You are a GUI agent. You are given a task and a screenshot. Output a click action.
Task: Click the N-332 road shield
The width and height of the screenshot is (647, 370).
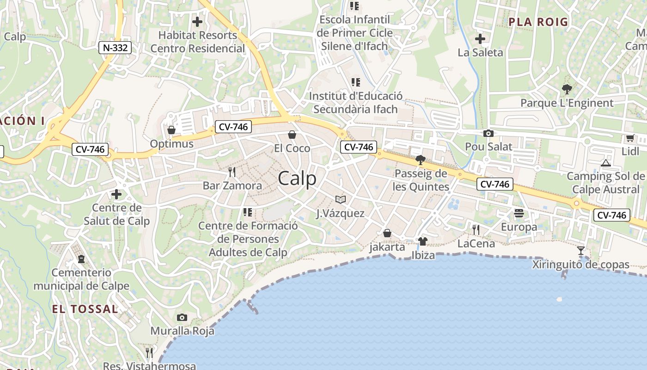[x=115, y=47]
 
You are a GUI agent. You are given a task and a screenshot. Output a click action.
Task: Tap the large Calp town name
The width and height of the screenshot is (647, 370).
[x=297, y=179]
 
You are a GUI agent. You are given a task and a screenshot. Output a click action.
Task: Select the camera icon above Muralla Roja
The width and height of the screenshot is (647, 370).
[x=182, y=317]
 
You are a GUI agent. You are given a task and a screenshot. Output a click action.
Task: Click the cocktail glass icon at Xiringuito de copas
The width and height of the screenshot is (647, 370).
[x=581, y=251]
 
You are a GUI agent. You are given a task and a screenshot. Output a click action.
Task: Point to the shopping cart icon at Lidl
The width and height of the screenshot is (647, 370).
[x=630, y=138]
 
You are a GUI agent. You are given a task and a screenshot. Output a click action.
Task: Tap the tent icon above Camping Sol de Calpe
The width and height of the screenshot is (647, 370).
[x=605, y=163]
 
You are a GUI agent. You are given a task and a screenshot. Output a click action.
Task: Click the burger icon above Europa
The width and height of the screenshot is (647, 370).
[x=519, y=213]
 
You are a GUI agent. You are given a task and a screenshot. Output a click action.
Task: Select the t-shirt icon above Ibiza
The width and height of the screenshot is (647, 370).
[x=422, y=241]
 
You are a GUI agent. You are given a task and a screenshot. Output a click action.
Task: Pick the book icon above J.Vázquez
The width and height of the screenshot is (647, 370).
[x=341, y=199]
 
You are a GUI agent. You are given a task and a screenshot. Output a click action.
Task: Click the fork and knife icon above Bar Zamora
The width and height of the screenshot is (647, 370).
[x=232, y=172]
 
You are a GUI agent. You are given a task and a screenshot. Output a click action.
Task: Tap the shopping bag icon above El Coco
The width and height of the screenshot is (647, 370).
[x=292, y=135]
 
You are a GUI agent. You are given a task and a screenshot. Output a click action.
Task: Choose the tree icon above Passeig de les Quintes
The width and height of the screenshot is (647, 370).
[x=420, y=160]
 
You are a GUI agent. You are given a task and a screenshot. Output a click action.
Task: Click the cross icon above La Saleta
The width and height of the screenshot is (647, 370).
[x=480, y=39]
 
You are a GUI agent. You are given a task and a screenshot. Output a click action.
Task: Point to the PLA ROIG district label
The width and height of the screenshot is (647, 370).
[x=538, y=22]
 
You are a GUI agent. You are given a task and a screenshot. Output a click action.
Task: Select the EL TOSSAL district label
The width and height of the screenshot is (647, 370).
[x=85, y=309]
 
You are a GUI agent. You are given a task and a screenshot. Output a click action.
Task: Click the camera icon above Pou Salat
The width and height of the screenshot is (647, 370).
[x=488, y=134]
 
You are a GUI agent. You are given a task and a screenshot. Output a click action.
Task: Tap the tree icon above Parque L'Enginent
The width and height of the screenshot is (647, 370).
[x=567, y=89]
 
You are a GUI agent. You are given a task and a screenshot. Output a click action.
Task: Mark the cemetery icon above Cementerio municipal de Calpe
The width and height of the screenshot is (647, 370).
[x=81, y=259]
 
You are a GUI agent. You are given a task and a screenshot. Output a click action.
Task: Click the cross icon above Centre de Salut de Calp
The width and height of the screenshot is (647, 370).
[x=116, y=194]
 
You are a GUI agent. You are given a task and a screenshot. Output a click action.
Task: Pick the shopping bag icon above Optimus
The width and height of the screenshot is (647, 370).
[x=171, y=130]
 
